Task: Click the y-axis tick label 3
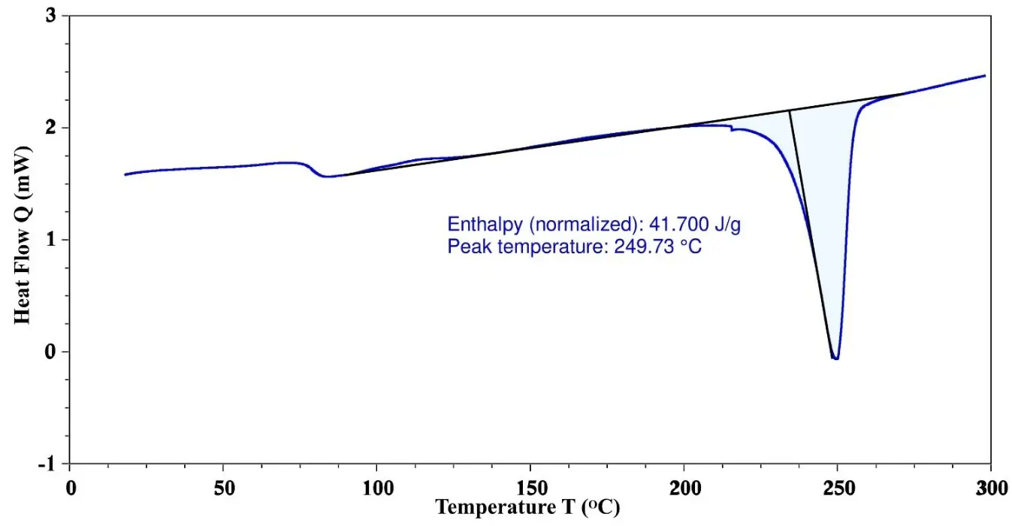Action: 52,16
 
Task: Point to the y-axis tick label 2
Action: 52,128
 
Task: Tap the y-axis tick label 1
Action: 52,240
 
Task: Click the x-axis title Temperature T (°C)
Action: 528,508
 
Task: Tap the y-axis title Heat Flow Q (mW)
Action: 23,240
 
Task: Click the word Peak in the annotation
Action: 465,246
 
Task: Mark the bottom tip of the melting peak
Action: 835,358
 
